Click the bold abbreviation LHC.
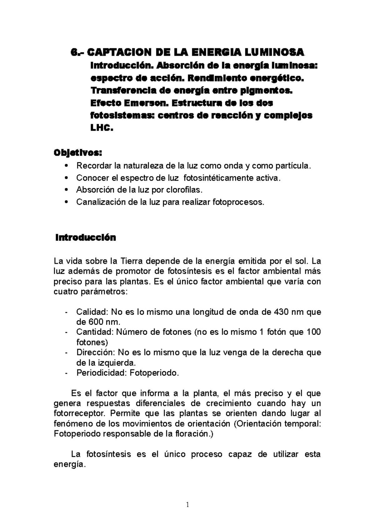tap(100, 128)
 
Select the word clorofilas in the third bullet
tap(184, 190)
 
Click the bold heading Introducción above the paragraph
tap(85, 238)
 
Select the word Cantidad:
tap(92, 332)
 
